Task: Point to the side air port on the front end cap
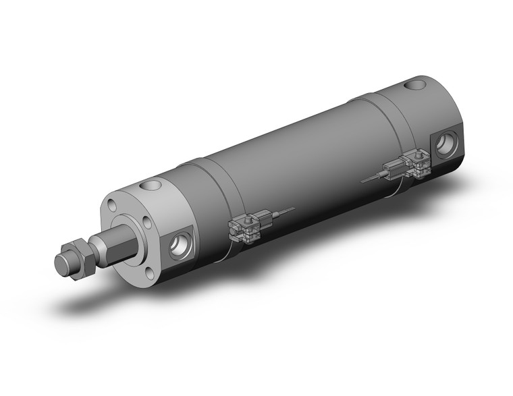click(x=182, y=244)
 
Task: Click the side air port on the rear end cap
click(x=446, y=144)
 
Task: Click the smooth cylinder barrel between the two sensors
click(x=304, y=162)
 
